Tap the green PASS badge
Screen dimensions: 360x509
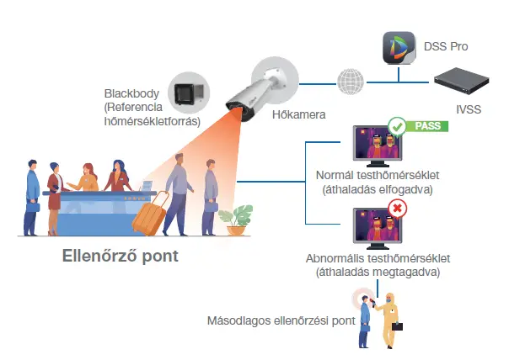(x=428, y=126)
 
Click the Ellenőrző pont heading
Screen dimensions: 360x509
(x=121, y=255)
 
